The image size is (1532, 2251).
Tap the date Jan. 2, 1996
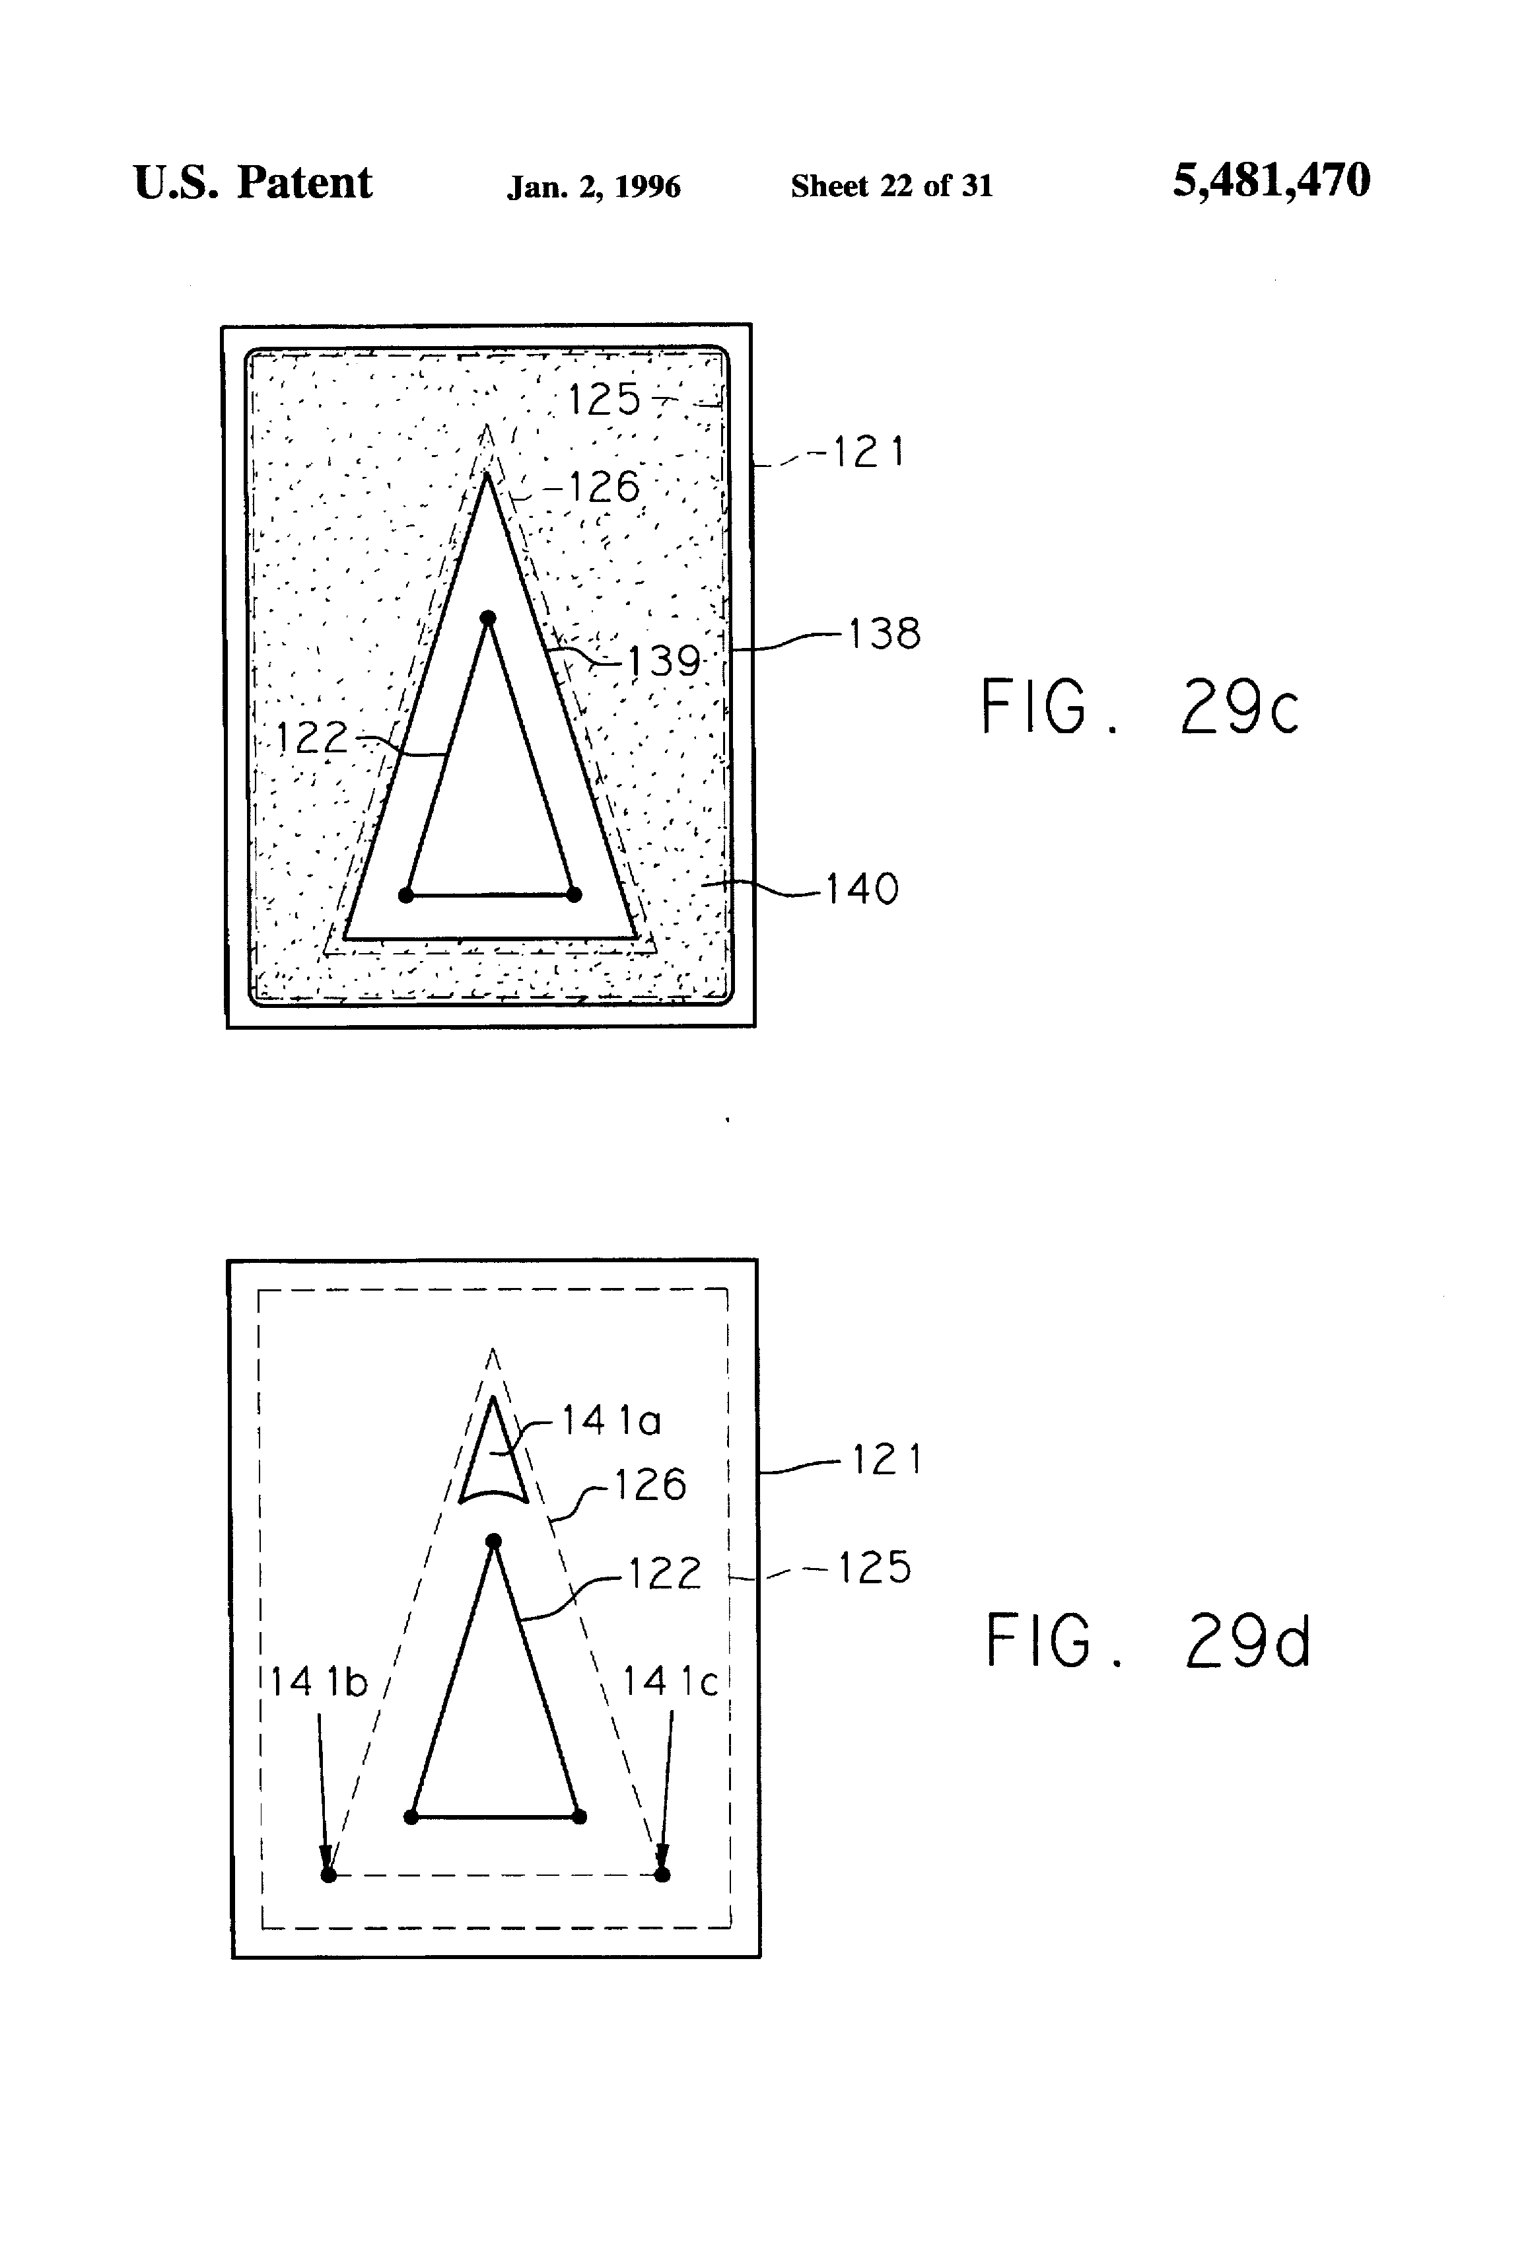[594, 186]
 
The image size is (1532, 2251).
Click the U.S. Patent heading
[253, 183]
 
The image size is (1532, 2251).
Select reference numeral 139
[664, 662]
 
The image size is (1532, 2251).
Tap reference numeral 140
[862, 888]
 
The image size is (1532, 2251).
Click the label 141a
[611, 1421]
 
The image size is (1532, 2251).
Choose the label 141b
[318, 1682]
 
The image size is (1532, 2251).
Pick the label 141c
[669, 1682]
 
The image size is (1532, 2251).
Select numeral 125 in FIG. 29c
[604, 399]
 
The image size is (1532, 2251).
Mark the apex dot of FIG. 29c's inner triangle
[488, 618]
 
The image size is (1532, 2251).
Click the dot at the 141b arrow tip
[328, 1875]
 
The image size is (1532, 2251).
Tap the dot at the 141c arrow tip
[662, 1875]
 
